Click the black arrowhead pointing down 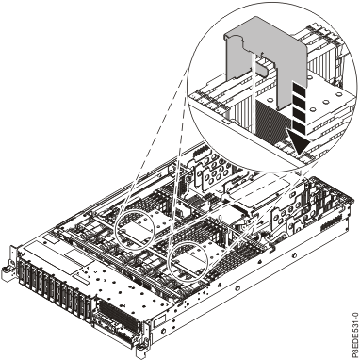coord(299,143)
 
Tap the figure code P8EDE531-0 coord(355,335)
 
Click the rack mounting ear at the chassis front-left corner coord(8,264)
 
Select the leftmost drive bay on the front coord(21,272)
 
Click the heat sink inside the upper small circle coord(135,225)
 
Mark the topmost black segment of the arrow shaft coord(299,87)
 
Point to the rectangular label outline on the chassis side coord(159,321)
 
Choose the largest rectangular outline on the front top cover coord(50,257)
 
